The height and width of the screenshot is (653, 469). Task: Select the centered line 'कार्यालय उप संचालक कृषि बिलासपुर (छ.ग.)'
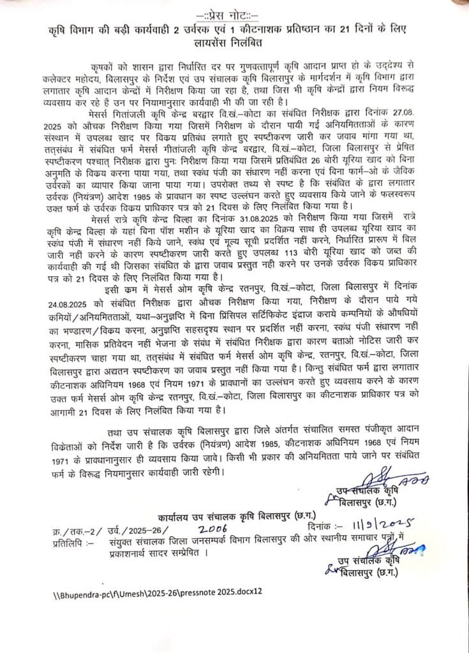coord(234,515)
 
